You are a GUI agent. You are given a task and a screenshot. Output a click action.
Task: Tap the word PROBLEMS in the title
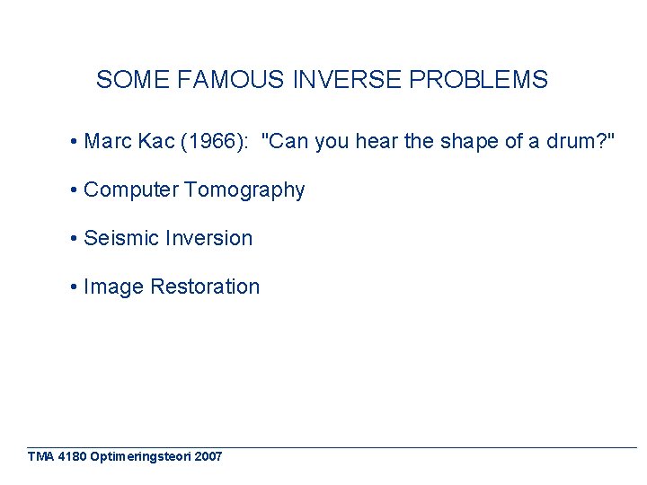point(478,80)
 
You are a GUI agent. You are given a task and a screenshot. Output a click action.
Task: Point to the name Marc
point(108,141)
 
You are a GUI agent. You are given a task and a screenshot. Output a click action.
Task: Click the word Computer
point(130,190)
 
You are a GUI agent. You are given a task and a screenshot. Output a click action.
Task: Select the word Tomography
point(244,190)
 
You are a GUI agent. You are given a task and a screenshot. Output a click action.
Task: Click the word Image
point(113,287)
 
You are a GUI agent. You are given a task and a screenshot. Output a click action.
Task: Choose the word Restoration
point(205,287)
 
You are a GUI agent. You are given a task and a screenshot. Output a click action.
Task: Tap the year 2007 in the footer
point(208,456)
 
